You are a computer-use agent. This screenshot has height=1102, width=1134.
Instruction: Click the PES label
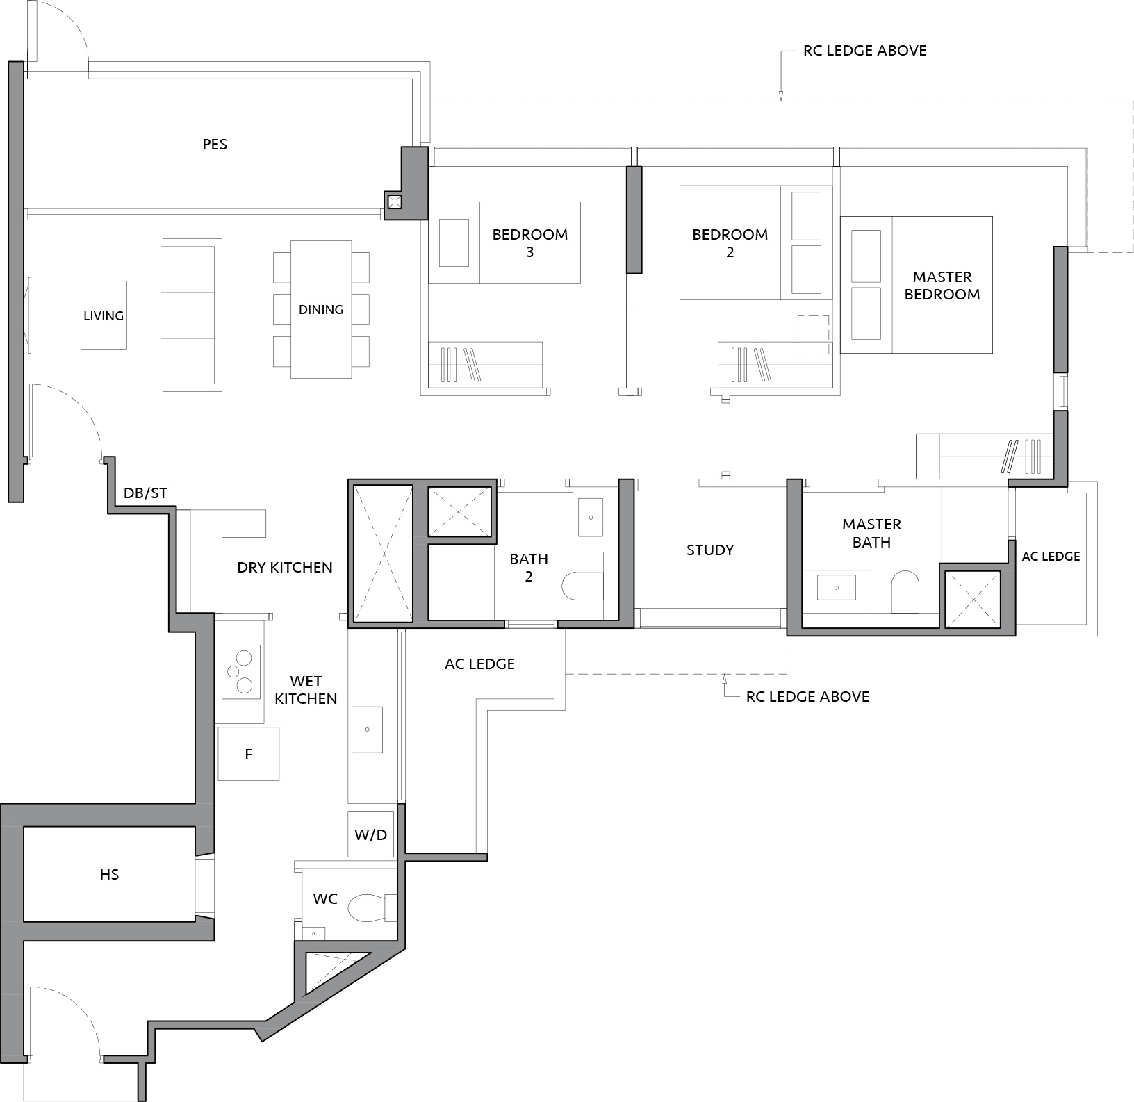point(215,145)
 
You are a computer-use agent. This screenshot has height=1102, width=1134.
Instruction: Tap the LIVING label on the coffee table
point(104,315)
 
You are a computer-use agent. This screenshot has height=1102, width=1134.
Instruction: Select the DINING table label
point(321,309)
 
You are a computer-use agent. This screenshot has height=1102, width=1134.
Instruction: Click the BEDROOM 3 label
point(530,243)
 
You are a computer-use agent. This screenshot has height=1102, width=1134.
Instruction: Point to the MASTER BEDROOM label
point(942,286)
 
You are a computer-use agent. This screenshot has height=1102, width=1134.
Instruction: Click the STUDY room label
point(710,550)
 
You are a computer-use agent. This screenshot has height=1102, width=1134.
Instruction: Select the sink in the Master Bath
point(837,587)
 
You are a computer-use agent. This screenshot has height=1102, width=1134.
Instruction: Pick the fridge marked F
point(249,754)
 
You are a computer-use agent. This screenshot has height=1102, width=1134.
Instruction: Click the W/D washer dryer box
point(370,834)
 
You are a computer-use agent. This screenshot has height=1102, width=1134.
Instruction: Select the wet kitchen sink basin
point(367,730)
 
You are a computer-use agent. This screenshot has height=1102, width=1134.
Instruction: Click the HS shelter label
point(109,874)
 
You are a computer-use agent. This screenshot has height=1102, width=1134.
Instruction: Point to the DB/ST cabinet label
point(145,493)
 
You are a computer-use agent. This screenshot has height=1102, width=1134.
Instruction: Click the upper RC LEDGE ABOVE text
point(864,51)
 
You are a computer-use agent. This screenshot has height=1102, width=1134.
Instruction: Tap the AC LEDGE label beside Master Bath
point(1051,557)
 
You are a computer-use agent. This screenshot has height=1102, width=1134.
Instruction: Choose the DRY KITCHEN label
point(285,568)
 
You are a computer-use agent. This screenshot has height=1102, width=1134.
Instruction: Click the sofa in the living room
point(188,315)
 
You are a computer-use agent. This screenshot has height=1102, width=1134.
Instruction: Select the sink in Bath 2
point(591,518)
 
